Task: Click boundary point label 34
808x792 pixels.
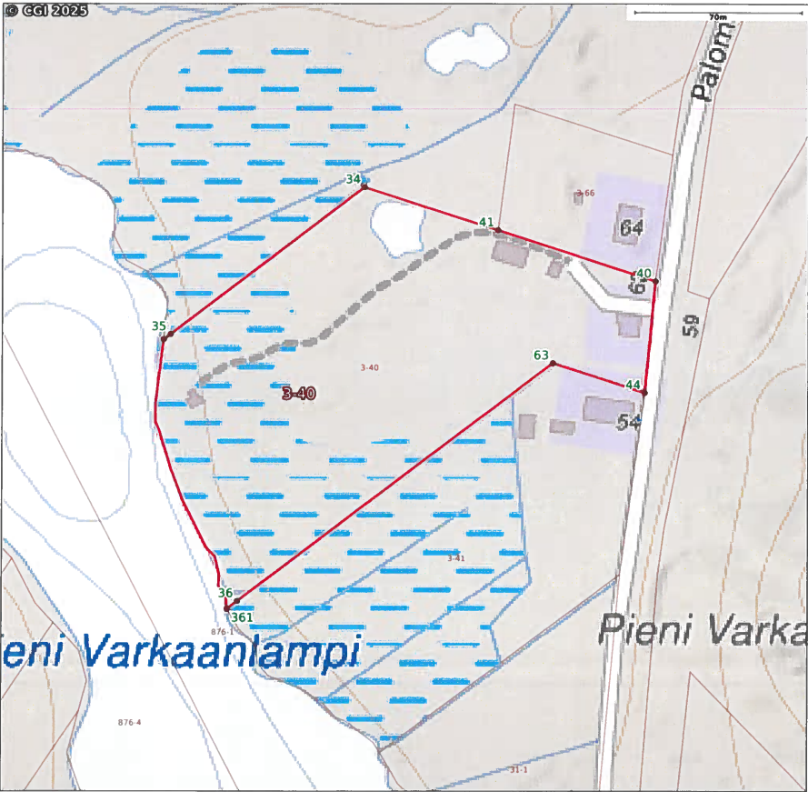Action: click(x=354, y=178)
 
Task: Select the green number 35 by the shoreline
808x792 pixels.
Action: click(x=159, y=326)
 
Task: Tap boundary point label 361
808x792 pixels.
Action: click(x=242, y=617)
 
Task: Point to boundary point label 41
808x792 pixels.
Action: click(x=486, y=222)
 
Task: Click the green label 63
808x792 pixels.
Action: click(x=542, y=355)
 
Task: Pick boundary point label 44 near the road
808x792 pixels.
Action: click(x=633, y=385)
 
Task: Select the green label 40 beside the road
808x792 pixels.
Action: click(x=643, y=273)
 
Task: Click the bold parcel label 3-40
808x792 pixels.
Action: click(x=298, y=394)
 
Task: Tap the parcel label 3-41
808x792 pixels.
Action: click(x=456, y=557)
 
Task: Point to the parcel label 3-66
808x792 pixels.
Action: click(x=585, y=193)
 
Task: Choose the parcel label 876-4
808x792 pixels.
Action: click(x=130, y=722)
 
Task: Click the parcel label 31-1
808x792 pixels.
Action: click(x=518, y=769)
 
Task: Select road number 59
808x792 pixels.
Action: click(x=693, y=326)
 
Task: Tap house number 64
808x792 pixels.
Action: click(x=630, y=227)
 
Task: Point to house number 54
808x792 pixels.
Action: click(x=628, y=421)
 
